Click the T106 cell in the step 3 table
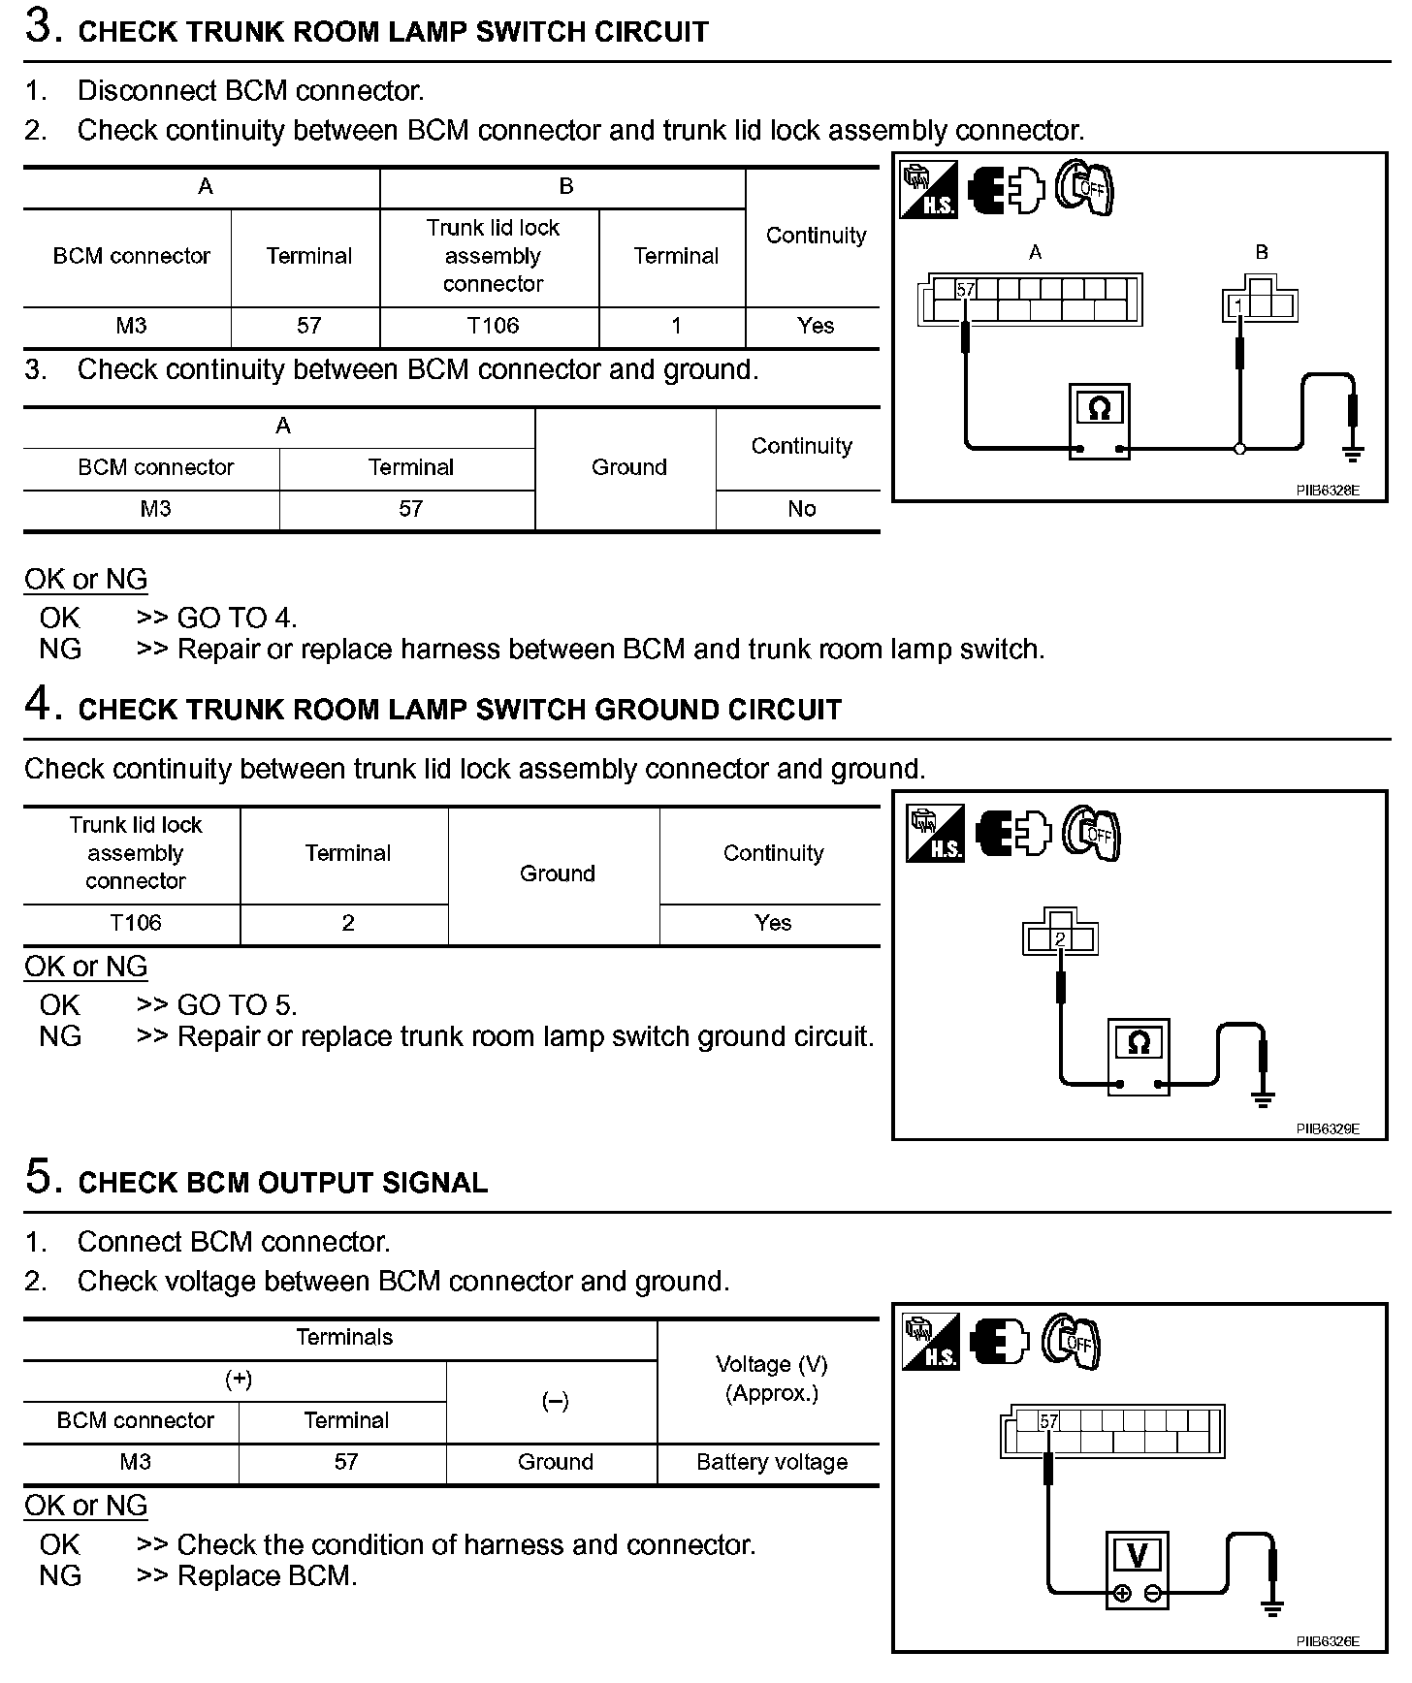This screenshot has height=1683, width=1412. click(493, 326)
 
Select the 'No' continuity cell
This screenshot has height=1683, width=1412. click(801, 509)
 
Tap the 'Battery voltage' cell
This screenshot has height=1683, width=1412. click(772, 1462)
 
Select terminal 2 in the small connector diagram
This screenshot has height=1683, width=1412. click(1060, 939)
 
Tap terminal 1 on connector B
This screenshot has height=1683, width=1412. click(1238, 306)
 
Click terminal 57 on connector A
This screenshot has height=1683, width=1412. click(965, 290)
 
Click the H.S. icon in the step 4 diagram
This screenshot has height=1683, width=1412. click(935, 835)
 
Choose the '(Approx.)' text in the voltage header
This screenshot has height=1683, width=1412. click(772, 1393)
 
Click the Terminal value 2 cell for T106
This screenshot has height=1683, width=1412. click(347, 923)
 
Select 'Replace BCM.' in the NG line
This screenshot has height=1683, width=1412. click(267, 1576)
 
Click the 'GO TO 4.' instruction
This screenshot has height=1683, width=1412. click(237, 618)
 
